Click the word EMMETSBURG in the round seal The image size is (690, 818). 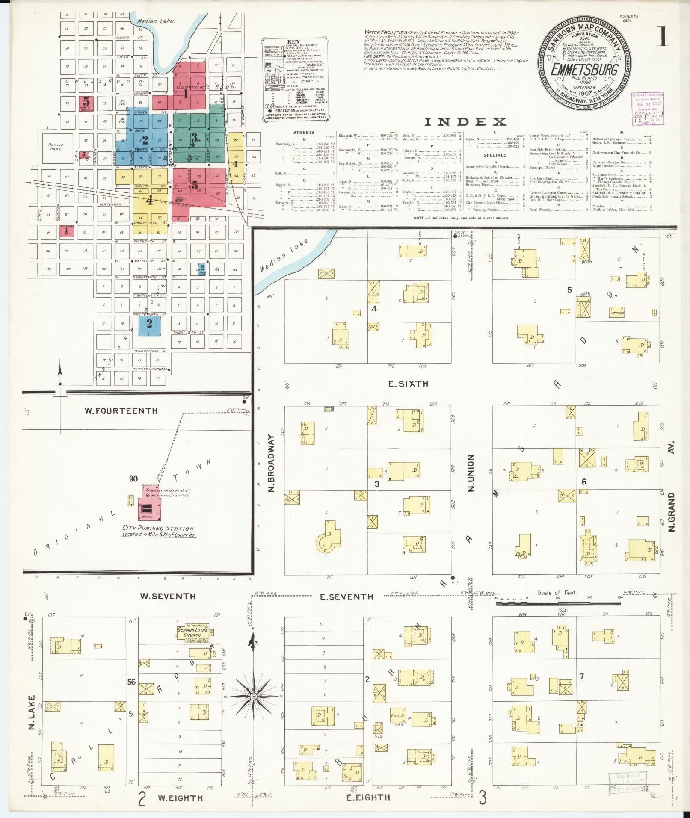584,70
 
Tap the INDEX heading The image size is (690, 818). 465,122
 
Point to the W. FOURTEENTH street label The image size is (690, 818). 121,411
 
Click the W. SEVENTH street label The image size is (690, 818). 169,596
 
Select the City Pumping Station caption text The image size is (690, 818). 159,531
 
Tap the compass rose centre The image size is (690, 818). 253,696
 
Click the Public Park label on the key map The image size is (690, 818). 56,147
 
